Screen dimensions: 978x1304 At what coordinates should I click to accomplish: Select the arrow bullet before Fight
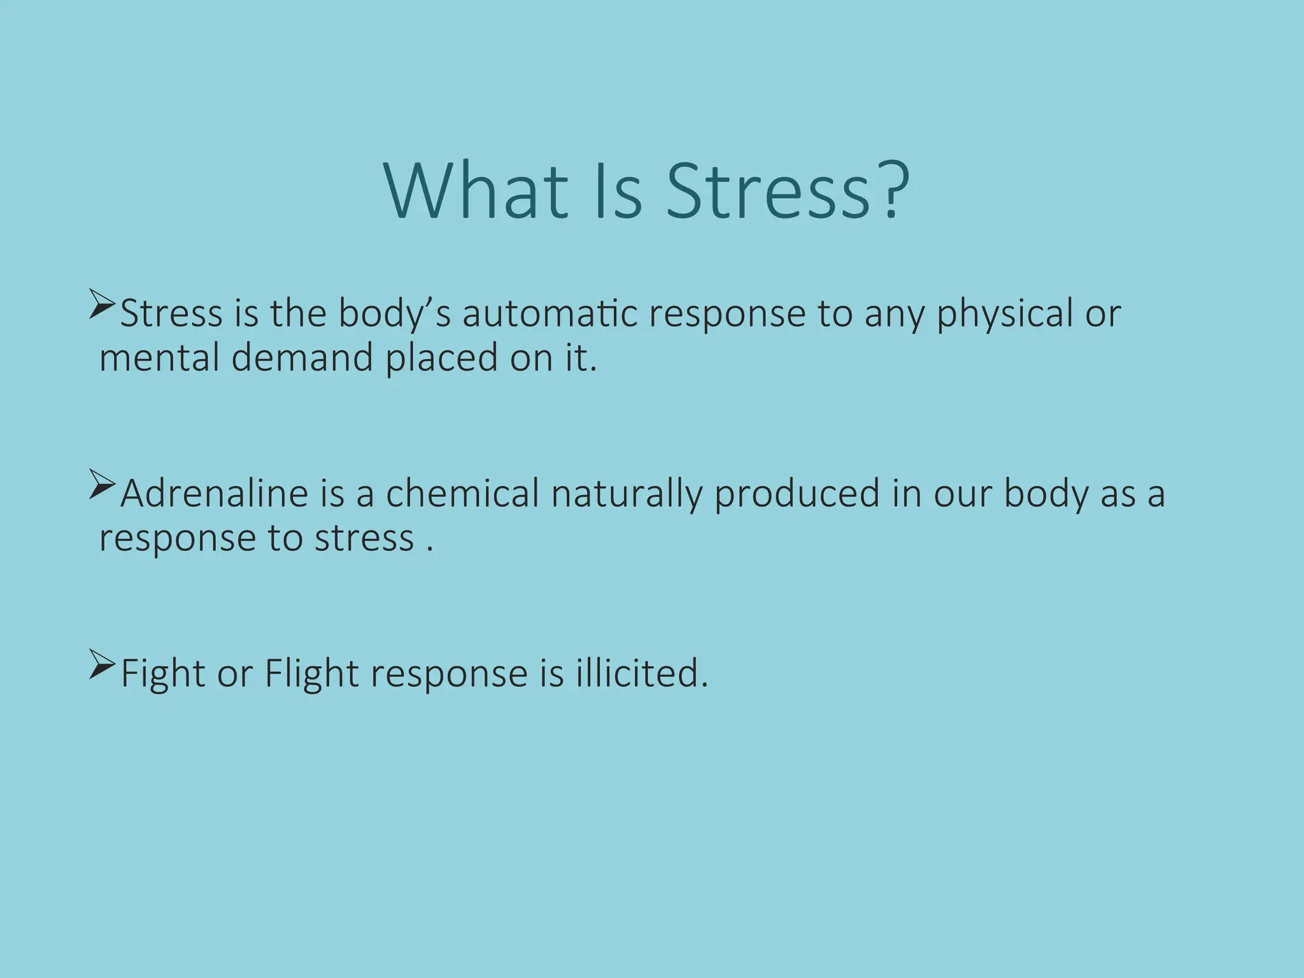pyautogui.click(x=102, y=664)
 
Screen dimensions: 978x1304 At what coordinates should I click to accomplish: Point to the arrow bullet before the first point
pyautogui.click(x=102, y=304)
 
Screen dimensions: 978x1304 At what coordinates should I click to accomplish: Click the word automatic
pyautogui.click(x=549, y=314)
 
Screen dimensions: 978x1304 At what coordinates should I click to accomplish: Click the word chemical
pyautogui.click(x=462, y=494)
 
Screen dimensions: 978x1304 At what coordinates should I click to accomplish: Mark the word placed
pyautogui.click(x=441, y=359)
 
